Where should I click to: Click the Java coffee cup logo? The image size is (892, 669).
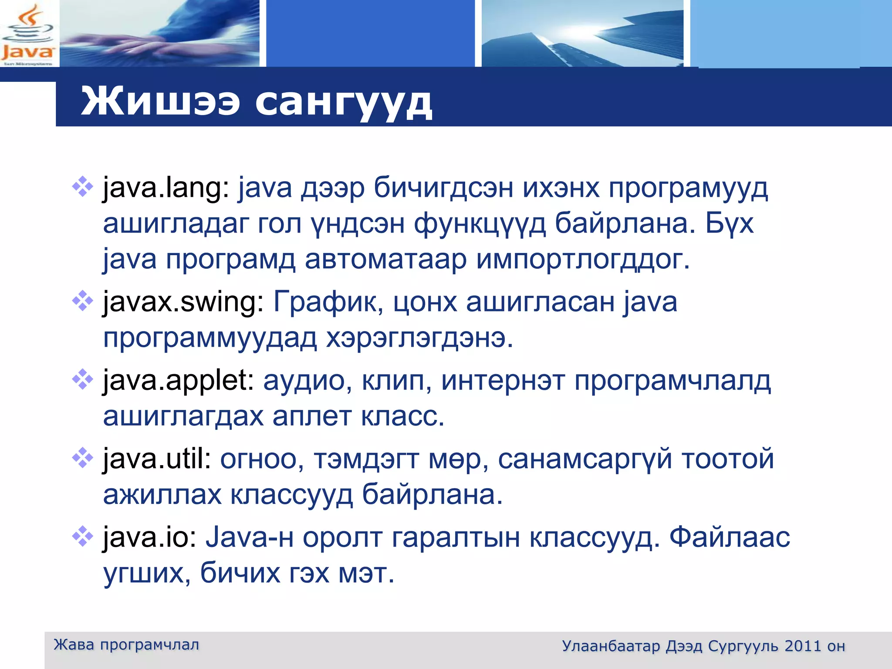tap(28, 34)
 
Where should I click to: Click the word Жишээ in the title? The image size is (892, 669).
tap(160, 101)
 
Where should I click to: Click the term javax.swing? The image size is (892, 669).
tap(183, 302)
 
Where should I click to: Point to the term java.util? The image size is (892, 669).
tap(157, 459)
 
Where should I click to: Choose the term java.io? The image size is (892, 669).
tap(150, 537)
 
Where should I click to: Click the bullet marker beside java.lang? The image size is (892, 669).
tap(82, 188)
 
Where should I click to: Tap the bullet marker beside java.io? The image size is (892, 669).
tap(82, 536)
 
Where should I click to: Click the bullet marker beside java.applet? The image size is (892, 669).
tap(82, 379)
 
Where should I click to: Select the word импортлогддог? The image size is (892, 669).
tap(583, 260)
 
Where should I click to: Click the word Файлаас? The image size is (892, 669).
tap(730, 537)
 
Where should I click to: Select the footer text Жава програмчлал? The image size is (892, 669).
tap(126, 645)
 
